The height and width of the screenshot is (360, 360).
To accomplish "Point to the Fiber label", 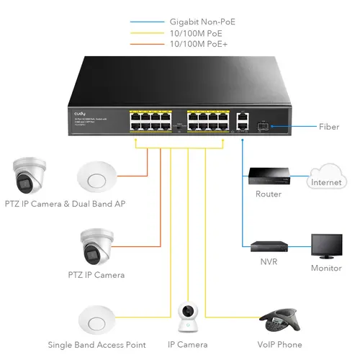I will [x=329, y=127].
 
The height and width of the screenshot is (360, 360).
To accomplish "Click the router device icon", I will [x=264, y=175].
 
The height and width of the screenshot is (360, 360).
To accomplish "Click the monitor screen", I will [x=326, y=245].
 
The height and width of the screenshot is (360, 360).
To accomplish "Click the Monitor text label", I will [x=326, y=268].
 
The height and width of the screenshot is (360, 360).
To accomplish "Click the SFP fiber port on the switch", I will [x=263, y=126].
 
